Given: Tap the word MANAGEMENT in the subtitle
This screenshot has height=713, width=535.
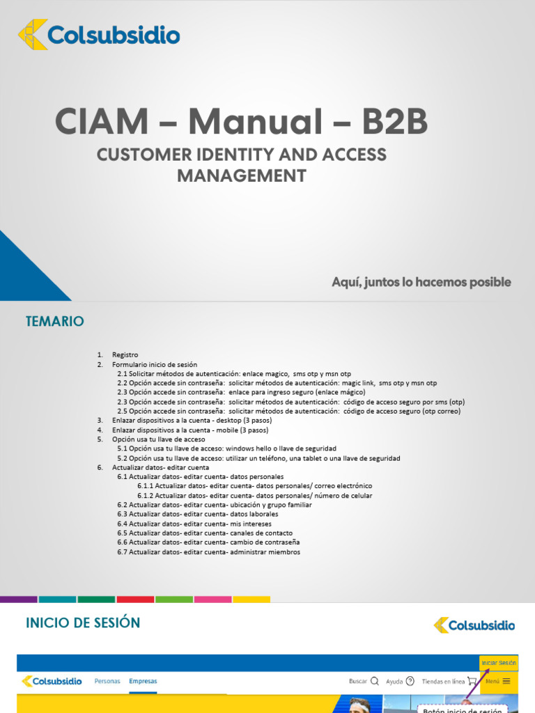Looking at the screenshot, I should tap(241, 175).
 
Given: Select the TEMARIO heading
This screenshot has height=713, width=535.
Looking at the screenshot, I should tap(54, 321).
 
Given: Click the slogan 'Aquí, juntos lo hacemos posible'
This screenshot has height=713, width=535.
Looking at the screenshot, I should tap(421, 282).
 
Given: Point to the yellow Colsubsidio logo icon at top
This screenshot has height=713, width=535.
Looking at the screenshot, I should tap(33, 35).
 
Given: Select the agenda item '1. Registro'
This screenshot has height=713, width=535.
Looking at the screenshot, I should tap(125, 354).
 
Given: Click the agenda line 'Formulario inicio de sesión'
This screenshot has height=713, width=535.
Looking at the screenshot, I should tap(155, 364).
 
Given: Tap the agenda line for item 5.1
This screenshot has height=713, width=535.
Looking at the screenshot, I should tap(226, 448).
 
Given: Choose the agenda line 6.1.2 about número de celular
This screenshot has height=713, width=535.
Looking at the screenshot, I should tap(254, 495).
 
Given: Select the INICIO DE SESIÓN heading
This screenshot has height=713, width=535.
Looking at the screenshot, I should tap(83, 622).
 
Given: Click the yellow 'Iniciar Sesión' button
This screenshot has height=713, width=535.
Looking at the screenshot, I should tap(499, 663).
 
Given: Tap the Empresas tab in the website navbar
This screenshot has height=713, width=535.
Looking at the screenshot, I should tap(143, 681).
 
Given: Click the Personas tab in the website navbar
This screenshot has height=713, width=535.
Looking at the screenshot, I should tap(107, 681).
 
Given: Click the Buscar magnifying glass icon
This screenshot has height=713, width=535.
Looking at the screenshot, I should tap(375, 681).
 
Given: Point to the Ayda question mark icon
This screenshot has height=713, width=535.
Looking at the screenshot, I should tap(410, 681).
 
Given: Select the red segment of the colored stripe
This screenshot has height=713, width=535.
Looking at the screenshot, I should tap(135, 599).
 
